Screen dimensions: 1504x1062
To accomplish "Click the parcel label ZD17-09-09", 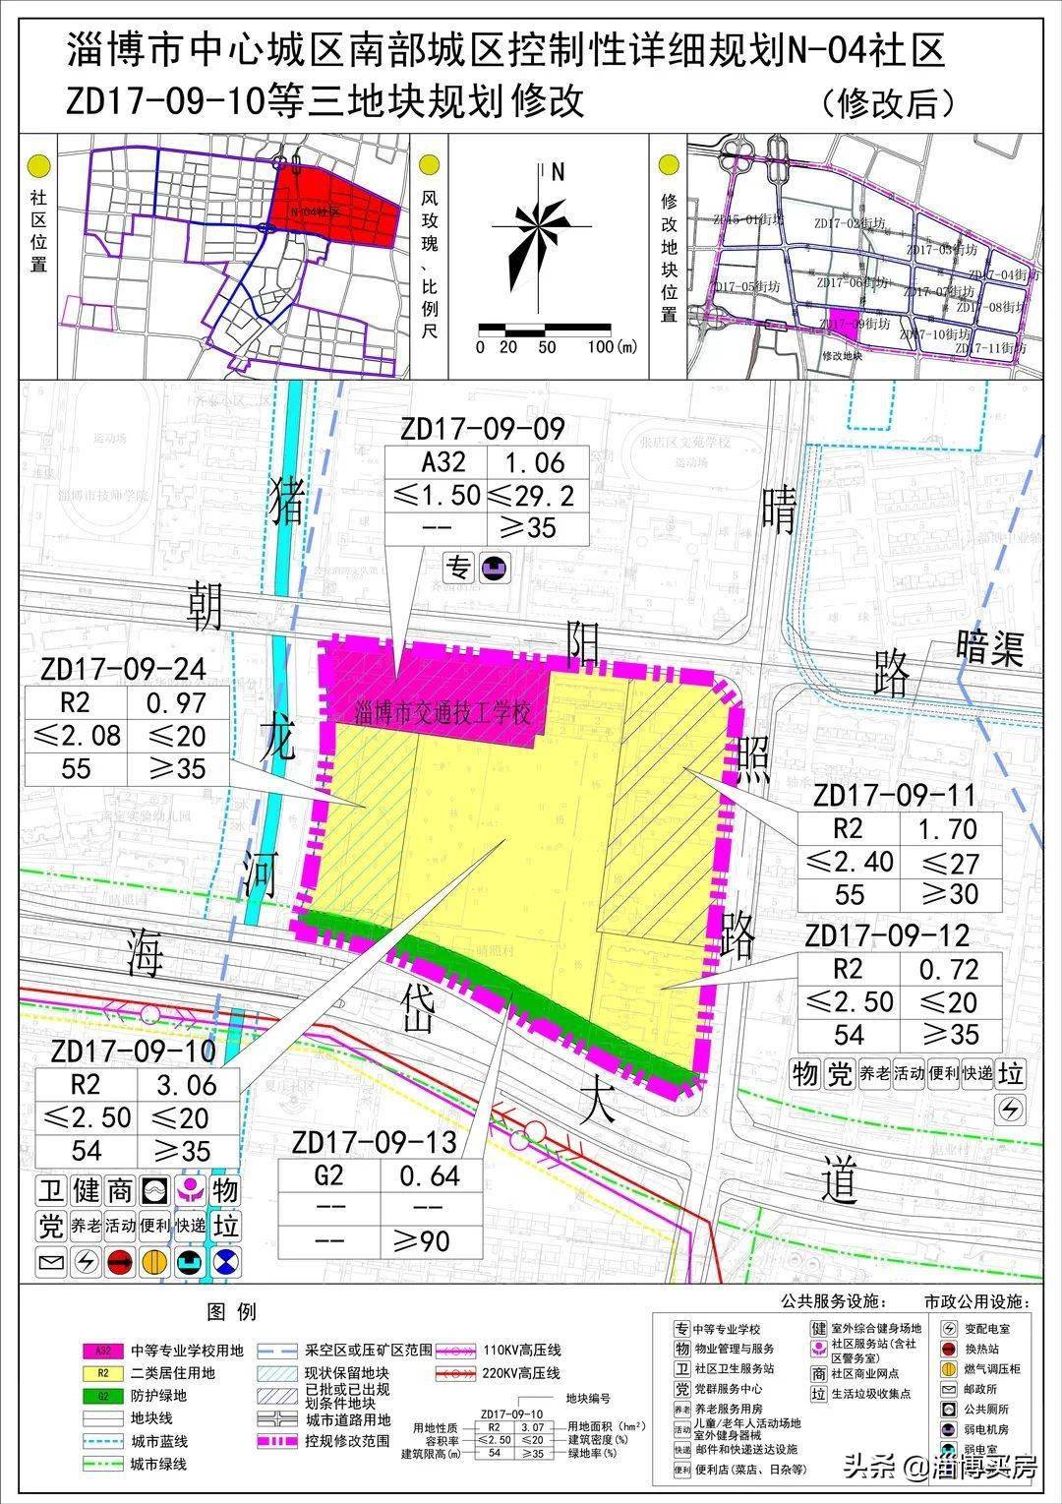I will (482, 429).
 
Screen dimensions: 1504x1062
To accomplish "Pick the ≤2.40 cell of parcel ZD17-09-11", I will (850, 862).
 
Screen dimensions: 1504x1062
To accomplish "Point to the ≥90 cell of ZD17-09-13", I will (430, 1241).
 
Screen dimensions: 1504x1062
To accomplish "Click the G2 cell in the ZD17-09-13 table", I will (328, 1175).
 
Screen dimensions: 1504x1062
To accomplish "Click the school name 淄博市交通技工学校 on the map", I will (446, 711).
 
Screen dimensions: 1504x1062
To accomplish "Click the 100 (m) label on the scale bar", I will (611, 347).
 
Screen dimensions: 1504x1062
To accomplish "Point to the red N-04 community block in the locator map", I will (335, 207).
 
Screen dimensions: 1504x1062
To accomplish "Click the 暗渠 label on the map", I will (989, 647).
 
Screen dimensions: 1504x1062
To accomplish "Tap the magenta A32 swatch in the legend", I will (109, 1351).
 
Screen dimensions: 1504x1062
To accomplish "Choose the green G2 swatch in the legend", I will (109, 1396).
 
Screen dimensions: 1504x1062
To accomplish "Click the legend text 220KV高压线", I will (520, 1373).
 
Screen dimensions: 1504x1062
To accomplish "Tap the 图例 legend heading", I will (231, 1311).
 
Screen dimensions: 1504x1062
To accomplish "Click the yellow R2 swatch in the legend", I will (109, 1373).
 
